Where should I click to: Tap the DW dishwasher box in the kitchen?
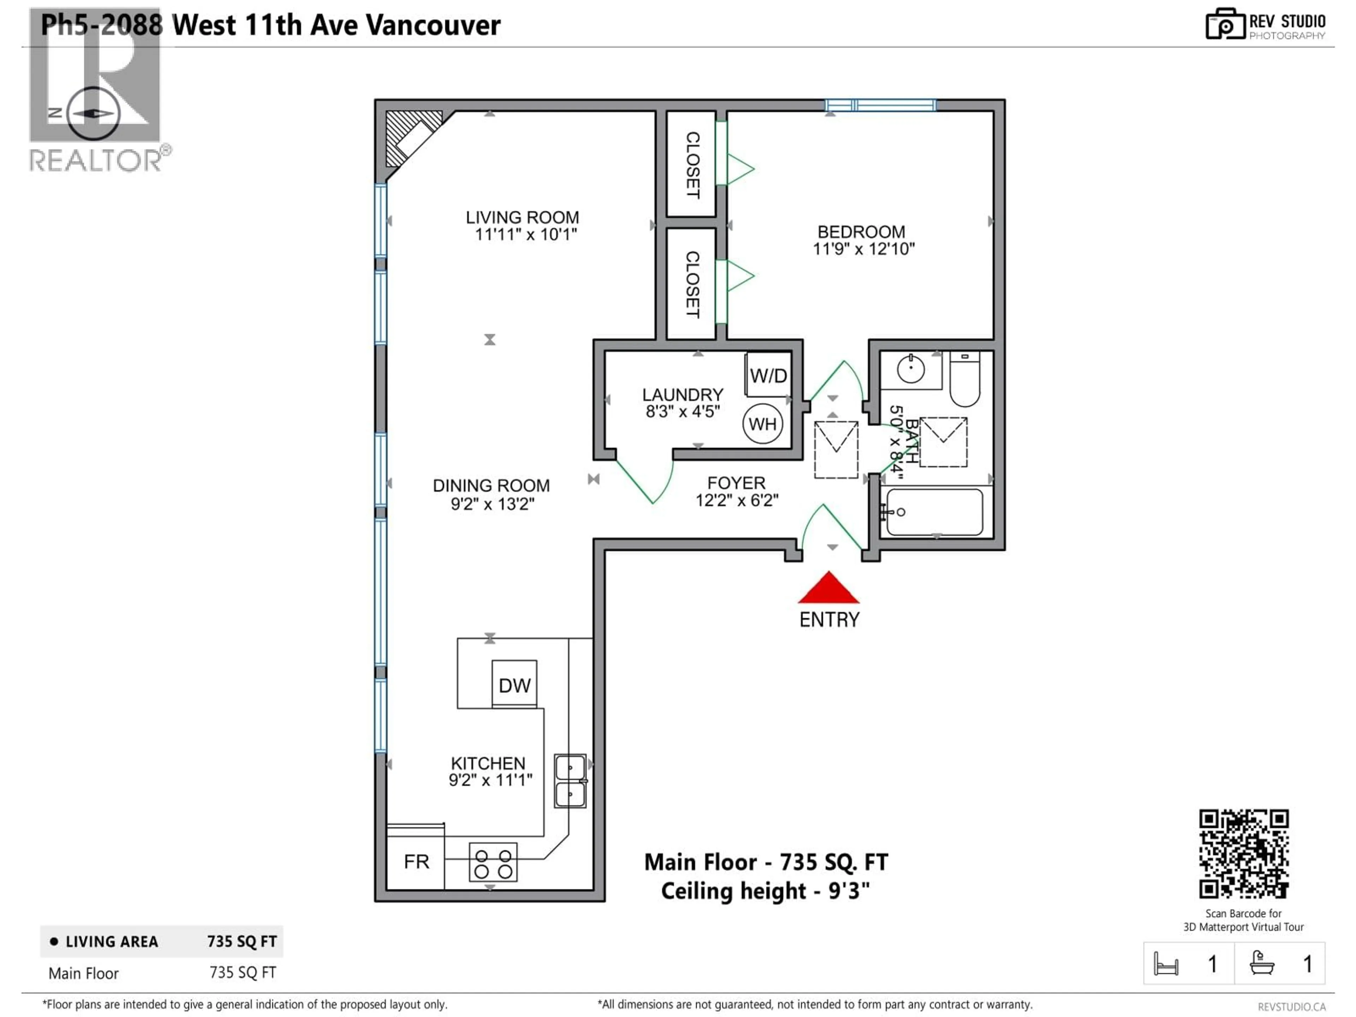point(514,684)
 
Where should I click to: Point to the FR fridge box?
point(416,861)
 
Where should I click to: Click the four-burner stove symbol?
point(493,863)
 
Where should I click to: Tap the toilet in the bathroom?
point(964,380)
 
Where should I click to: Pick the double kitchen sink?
point(570,780)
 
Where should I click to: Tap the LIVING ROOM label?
point(522,218)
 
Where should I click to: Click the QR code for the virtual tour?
point(1243,854)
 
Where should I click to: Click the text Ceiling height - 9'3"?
point(765,891)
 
